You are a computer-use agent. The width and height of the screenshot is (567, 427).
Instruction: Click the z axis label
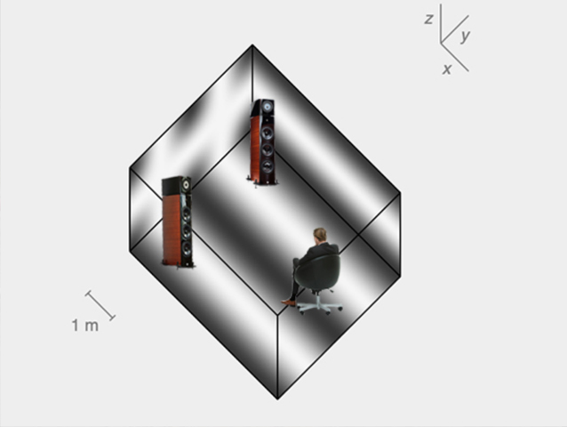(x=428, y=19)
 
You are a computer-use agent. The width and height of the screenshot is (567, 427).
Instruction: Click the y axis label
(x=466, y=36)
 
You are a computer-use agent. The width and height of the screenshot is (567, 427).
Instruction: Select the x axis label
(x=447, y=68)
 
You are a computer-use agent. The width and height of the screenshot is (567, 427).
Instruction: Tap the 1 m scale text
(x=85, y=326)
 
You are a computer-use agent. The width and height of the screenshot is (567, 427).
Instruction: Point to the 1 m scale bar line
(x=100, y=306)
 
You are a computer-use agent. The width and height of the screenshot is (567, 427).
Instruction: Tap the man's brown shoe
(x=289, y=302)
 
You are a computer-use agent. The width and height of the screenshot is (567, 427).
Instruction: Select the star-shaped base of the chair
(x=318, y=307)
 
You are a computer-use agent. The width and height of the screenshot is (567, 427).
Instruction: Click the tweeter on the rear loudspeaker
(x=268, y=107)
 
